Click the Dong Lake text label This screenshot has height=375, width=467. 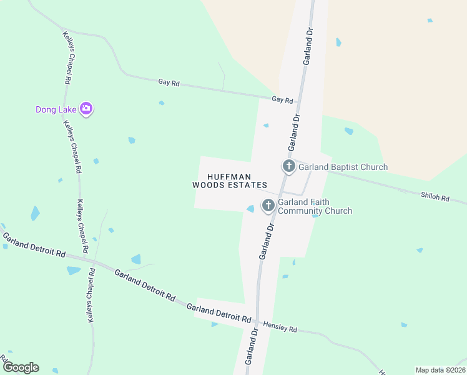56,109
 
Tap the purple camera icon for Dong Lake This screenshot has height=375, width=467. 86,109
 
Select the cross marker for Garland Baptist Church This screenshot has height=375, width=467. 288,166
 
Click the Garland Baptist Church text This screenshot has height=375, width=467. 343,167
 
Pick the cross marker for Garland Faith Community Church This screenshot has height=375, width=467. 268,205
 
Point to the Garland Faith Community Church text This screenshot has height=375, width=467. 315,206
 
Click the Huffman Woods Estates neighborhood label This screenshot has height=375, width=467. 229,181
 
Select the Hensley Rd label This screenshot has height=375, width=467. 280,326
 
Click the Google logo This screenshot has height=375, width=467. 21,367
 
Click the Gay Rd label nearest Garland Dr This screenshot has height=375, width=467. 282,100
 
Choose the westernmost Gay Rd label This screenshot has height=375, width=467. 169,82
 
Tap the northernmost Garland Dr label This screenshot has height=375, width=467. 307,46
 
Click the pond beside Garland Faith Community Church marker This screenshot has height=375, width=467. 250,209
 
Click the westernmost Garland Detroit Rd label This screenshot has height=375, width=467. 34,245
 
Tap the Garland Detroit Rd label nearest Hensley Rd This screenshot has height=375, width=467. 219,311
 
